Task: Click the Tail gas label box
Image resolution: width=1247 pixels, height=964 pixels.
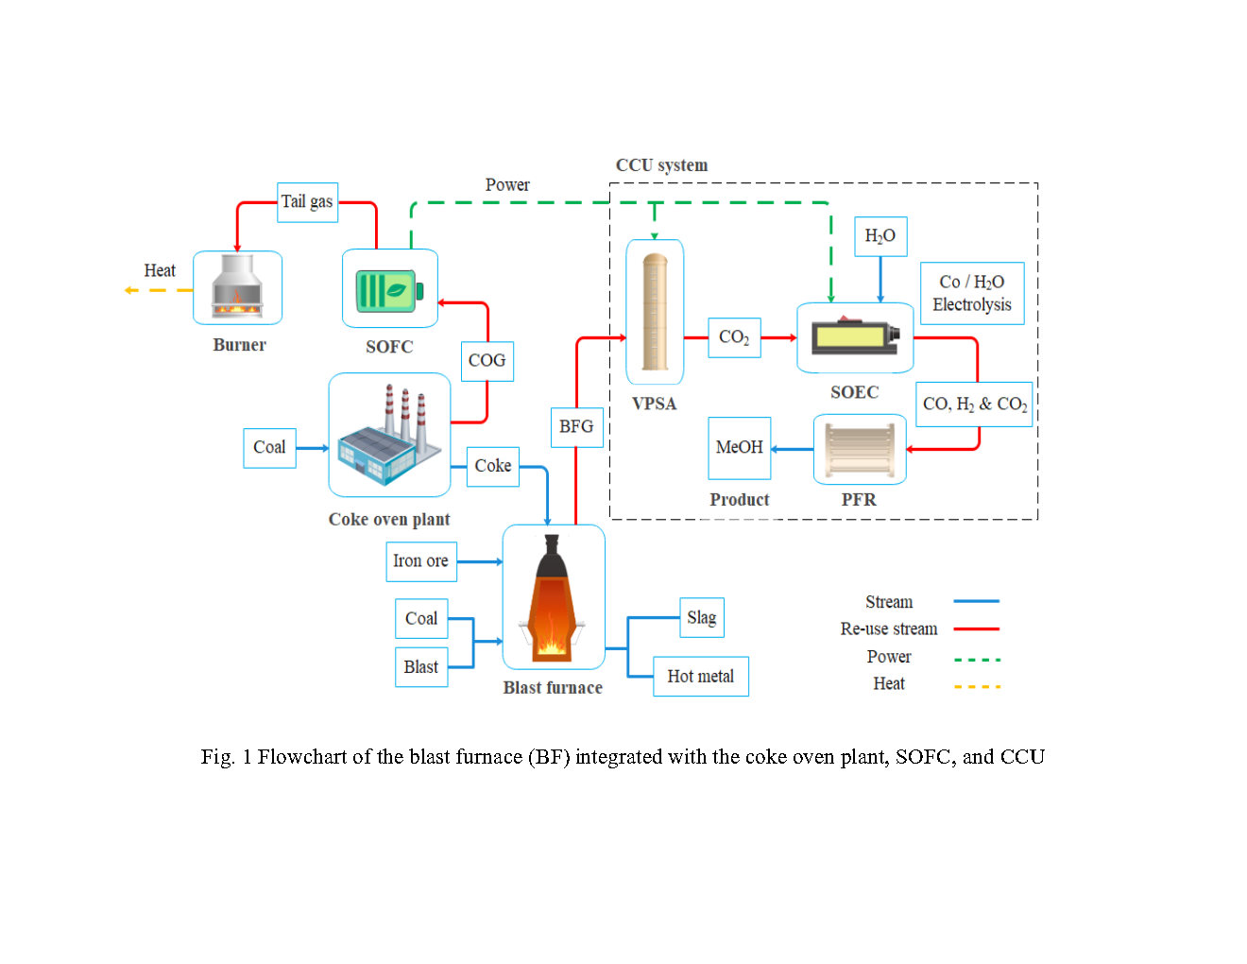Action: pyautogui.click(x=307, y=202)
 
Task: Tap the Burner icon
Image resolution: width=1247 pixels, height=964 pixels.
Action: pyautogui.click(x=237, y=287)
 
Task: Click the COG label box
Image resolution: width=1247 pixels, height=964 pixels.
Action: pyautogui.click(x=487, y=361)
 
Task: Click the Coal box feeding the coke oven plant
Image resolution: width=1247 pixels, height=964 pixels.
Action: pyautogui.click(x=269, y=448)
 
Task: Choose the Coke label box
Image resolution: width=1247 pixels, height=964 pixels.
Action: pyautogui.click(x=493, y=466)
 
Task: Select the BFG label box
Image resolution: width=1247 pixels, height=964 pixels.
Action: pyautogui.click(x=576, y=427)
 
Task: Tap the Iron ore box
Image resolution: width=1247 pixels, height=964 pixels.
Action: pyautogui.click(x=421, y=561)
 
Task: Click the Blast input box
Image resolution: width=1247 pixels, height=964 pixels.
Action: pyautogui.click(x=421, y=667)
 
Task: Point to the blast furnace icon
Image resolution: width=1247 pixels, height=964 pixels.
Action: pyautogui.click(x=553, y=597)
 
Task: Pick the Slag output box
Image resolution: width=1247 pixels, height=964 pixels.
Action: pyautogui.click(x=702, y=618)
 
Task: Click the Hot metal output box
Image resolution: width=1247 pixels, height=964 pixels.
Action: pyautogui.click(x=700, y=677)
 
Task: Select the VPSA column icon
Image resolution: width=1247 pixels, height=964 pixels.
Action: pyautogui.click(x=655, y=312)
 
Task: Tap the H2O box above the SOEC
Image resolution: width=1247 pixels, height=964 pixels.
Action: pyautogui.click(x=880, y=236)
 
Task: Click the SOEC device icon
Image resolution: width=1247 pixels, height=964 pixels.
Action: pyautogui.click(x=855, y=337)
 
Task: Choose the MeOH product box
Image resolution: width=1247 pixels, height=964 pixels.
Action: pyautogui.click(x=740, y=448)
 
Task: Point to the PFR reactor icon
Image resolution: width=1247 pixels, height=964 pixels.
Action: pyautogui.click(x=859, y=450)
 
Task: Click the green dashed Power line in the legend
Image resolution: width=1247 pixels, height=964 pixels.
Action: pyautogui.click(x=977, y=660)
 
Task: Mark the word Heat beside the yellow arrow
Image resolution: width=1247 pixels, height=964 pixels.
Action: pyautogui.click(x=160, y=271)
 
